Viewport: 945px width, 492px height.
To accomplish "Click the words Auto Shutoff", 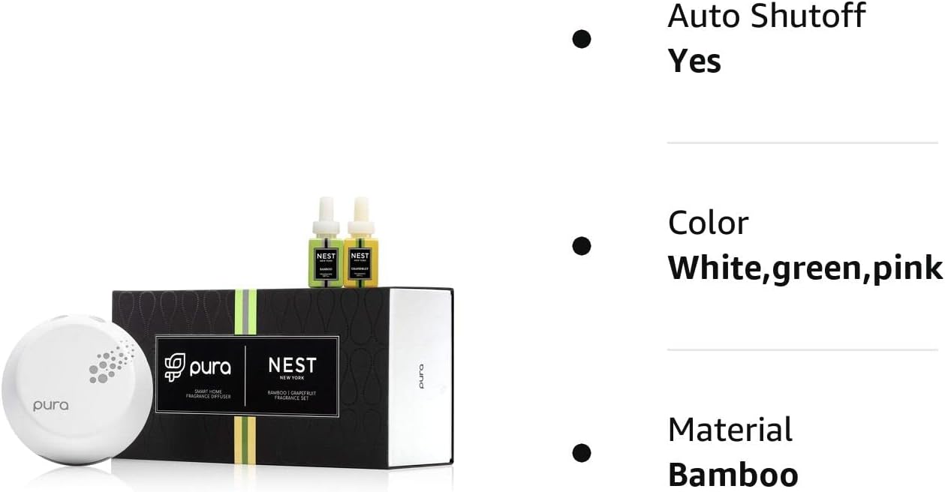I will point(766,16).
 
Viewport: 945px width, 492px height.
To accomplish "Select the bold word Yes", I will point(694,61).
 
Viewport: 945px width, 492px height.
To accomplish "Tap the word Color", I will point(708,223).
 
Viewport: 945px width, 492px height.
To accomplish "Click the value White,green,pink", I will point(805,268).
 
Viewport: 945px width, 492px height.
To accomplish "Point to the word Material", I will point(730,430).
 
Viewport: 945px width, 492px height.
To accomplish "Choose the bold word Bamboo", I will point(733,475).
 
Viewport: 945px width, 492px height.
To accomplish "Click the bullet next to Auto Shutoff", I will point(581,39).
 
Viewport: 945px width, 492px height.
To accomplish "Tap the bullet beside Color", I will point(581,245).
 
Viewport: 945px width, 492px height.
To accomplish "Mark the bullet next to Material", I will point(581,452).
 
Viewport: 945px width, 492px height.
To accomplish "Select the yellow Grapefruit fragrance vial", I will point(360,262).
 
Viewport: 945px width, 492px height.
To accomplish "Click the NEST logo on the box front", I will point(292,367).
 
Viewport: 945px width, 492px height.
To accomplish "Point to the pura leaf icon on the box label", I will point(174,366).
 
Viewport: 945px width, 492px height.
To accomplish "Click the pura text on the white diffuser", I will point(50,405).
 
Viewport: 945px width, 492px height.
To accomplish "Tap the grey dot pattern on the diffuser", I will point(110,361).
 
